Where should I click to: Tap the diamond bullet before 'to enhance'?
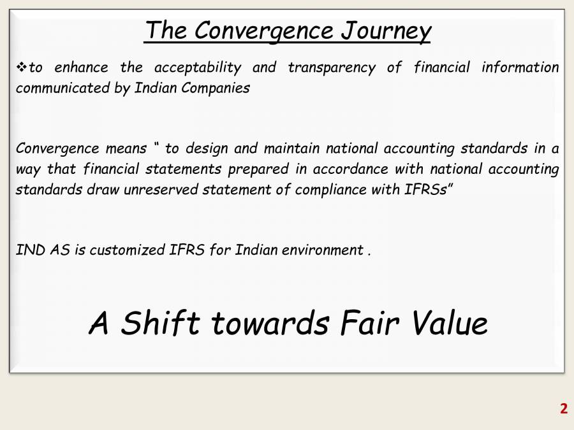pyautogui.click(x=21, y=68)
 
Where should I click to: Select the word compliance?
pyautogui.click(x=323, y=190)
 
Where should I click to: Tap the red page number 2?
pyautogui.click(x=563, y=409)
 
